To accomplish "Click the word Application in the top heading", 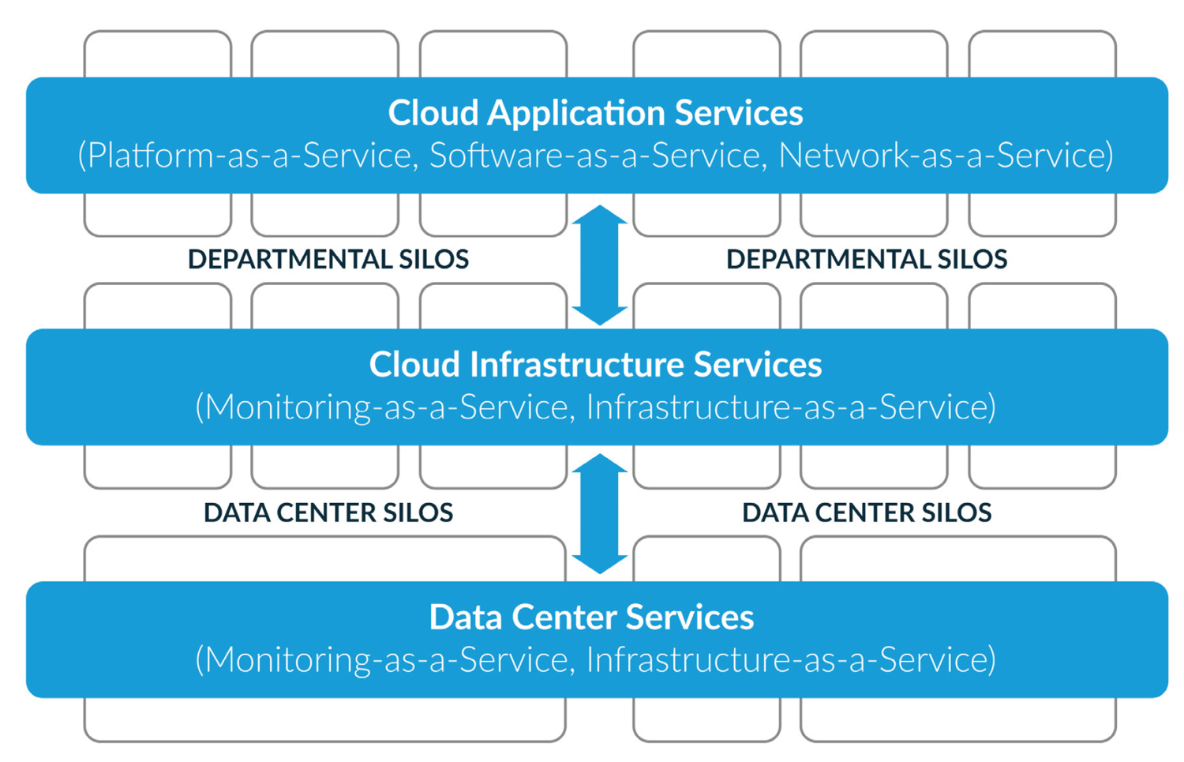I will tap(576, 114).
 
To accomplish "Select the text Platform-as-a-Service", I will tap(251, 156).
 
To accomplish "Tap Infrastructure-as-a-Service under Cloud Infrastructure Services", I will tap(789, 407).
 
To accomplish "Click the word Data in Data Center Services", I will tap(466, 617).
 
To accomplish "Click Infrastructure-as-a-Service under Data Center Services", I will tap(789, 660).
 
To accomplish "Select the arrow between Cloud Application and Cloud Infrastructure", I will tap(599, 265).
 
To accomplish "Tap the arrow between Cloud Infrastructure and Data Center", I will tap(599, 513).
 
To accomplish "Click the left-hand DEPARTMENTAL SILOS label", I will tap(328, 260).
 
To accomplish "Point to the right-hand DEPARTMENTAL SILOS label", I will tap(866, 260).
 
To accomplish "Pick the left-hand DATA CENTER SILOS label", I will tap(328, 513).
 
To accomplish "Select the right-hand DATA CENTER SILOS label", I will tap(866, 513).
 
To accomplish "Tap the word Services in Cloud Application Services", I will tap(739, 114).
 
